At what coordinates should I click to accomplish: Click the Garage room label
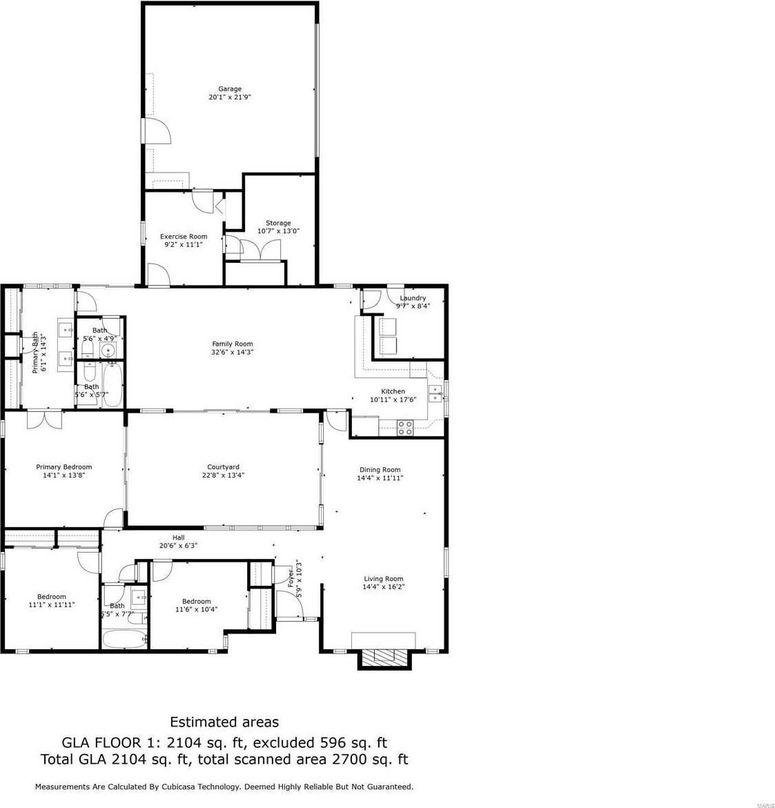(x=230, y=88)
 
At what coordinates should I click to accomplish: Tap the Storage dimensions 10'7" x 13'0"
(x=278, y=231)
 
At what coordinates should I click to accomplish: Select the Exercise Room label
(x=184, y=237)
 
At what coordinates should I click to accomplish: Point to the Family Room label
(x=233, y=344)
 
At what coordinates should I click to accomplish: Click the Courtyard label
(x=223, y=467)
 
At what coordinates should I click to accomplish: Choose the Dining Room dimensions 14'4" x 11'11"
(x=380, y=477)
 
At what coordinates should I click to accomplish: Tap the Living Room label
(x=384, y=579)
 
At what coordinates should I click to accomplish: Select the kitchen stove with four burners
(x=405, y=428)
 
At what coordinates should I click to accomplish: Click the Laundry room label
(x=413, y=298)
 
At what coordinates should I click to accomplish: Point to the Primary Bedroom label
(x=64, y=467)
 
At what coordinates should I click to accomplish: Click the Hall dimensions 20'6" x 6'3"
(x=178, y=546)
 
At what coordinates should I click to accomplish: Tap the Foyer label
(x=291, y=578)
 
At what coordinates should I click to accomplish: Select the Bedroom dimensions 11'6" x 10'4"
(x=196, y=609)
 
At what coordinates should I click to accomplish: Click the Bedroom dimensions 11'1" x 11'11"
(x=52, y=604)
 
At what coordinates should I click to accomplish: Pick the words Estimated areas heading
(x=224, y=722)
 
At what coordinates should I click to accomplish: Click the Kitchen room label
(x=393, y=391)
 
